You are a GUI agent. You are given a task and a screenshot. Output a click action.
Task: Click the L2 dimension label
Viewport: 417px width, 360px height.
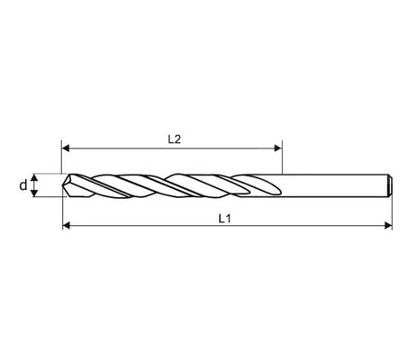coord(174,139)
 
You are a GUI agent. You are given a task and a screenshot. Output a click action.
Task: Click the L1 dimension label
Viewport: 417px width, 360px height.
coord(224,219)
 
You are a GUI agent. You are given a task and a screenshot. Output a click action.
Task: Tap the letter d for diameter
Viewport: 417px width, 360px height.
coord(23,185)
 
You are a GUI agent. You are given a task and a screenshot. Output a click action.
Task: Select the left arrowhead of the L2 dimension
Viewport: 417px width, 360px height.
coord(66,148)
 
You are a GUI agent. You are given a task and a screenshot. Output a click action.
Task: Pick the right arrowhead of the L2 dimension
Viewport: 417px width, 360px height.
coord(278,148)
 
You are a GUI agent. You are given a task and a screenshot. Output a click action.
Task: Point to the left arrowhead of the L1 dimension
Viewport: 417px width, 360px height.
coord(66,225)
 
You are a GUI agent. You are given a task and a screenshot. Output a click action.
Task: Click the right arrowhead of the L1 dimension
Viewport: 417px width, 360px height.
coord(388,225)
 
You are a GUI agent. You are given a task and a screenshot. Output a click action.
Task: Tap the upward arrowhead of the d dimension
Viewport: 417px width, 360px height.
coord(35,177)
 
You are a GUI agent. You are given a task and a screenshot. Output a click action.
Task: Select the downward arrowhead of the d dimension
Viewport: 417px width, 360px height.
coord(35,193)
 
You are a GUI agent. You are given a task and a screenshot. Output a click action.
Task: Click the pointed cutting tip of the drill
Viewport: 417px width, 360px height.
coord(63,185)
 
